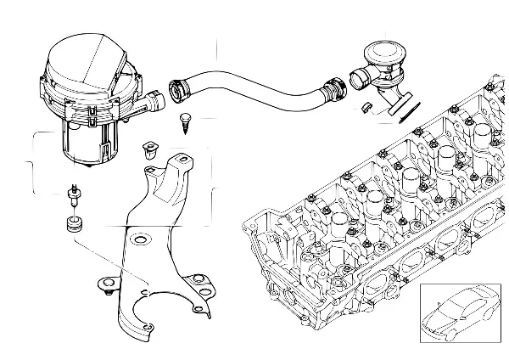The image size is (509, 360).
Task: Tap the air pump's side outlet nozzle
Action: pos(158,104)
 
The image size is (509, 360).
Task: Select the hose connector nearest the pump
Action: pos(180,87)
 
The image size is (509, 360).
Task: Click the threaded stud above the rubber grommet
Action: pos(74,194)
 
